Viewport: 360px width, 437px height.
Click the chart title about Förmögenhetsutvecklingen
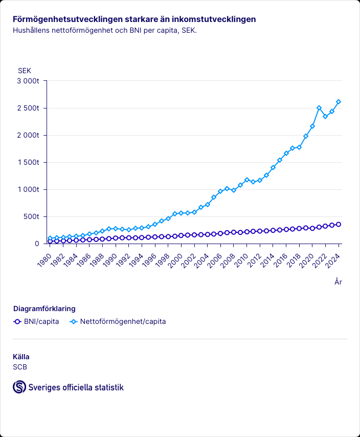[x=134, y=19]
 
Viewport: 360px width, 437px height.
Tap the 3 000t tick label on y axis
[x=29, y=81]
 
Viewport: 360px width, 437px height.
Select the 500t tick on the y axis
[x=32, y=216]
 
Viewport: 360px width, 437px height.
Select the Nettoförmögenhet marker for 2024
[x=339, y=102]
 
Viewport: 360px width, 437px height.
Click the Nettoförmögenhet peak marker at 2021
[x=319, y=108]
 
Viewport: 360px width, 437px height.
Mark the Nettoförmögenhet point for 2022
[x=325, y=117]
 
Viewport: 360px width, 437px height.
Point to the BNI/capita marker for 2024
[x=339, y=224]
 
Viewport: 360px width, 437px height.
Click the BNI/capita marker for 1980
[x=50, y=241]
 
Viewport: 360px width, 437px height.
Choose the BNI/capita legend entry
[x=36, y=322]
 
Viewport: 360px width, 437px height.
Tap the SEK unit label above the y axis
[x=25, y=70]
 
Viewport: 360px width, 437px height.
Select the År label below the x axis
[x=338, y=281]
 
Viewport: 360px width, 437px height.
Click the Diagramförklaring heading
[x=44, y=309]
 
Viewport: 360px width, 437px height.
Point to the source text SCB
[x=20, y=366]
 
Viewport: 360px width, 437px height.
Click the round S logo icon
[x=19, y=387]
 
